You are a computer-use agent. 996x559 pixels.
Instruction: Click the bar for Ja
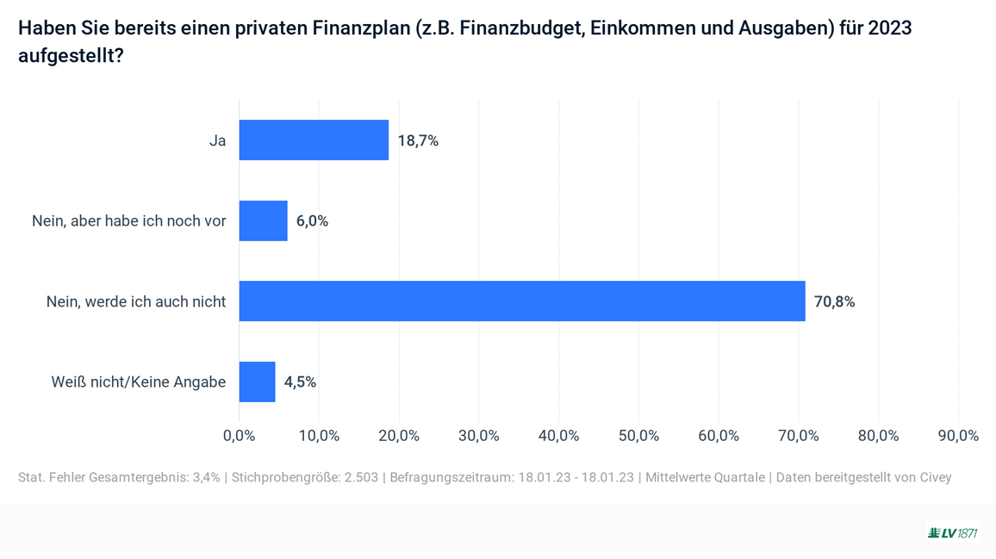[x=314, y=140]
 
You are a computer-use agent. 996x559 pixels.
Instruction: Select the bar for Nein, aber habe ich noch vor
[x=263, y=221]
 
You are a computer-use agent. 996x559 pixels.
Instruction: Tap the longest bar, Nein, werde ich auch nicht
[x=521, y=301]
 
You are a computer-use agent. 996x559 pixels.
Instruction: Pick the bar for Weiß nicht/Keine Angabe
[x=257, y=382]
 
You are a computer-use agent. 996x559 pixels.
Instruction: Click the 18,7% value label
[x=418, y=140]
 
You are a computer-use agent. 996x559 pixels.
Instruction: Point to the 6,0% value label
[x=312, y=221]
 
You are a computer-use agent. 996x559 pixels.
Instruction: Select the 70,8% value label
[x=834, y=301]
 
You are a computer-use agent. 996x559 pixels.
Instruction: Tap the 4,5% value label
[x=300, y=382]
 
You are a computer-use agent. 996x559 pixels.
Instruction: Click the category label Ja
[x=217, y=140]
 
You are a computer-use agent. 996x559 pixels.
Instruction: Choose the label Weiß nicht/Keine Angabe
[x=138, y=382]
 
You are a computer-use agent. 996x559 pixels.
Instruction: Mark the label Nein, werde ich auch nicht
[x=136, y=301]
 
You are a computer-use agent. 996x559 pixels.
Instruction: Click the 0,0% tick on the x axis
[x=239, y=436]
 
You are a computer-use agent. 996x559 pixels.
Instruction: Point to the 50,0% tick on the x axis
[x=638, y=436]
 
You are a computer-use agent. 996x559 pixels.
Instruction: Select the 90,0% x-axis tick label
[x=958, y=436]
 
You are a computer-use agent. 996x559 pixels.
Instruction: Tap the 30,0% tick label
[x=478, y=436]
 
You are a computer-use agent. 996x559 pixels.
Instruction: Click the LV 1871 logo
[x=953, y=533]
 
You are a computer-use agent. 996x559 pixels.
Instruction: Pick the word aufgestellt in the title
[x=65, y=56]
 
